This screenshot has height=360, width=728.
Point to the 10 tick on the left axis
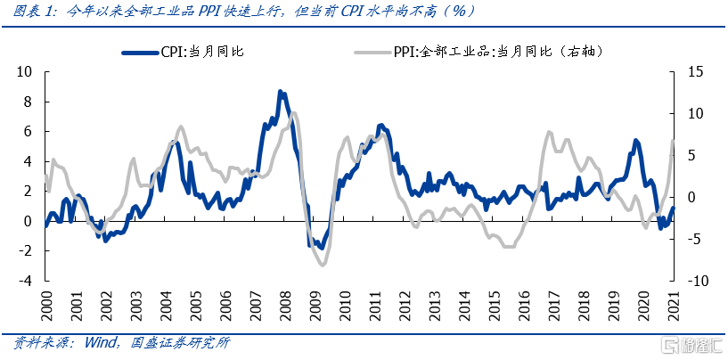coord(25,72)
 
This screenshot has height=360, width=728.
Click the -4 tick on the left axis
coord(25,280)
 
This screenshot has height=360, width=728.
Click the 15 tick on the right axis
coord(693,72)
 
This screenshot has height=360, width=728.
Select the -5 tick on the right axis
coord(694,238)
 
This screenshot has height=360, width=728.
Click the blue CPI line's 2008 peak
coord(280,91)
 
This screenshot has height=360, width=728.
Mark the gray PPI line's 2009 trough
coord(323,264)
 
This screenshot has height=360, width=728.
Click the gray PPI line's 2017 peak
coord(548,132)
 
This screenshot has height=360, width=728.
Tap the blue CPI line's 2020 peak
coord(635,140)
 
